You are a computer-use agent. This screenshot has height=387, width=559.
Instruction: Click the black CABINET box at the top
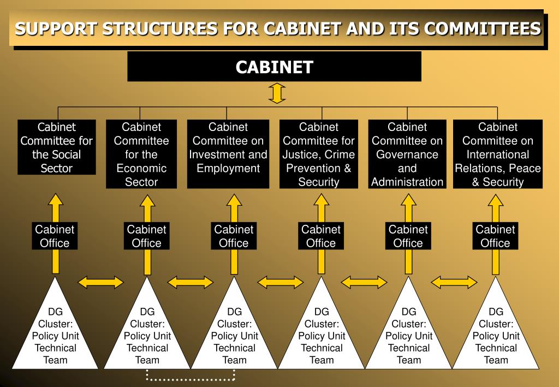[274, 67]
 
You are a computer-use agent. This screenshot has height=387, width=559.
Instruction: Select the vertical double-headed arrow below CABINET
[277, 93]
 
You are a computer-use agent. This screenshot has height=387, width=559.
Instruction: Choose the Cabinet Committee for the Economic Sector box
[141, 154]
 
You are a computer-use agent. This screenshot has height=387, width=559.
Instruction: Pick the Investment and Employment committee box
[228, 147]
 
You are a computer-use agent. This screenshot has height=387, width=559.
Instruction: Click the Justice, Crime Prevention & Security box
[319, 154]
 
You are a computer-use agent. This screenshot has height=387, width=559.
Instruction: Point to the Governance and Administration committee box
[407, 154]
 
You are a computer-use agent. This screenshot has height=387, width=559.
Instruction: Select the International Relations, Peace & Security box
[498, 154]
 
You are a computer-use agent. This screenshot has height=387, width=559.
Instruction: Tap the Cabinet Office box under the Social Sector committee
[55, 236]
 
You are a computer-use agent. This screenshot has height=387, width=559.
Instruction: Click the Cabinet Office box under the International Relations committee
[496, 236]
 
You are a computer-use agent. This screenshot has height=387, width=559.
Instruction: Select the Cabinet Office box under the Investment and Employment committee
[234, 236]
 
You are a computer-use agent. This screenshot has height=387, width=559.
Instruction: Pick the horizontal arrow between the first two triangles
[101, 282]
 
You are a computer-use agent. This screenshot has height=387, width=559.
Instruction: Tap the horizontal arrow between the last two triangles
[454, 282]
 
